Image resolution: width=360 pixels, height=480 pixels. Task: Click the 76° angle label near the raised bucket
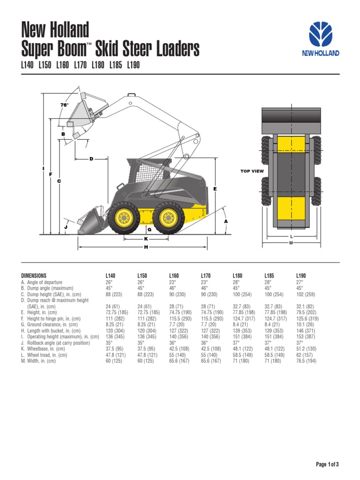tap(64, 105)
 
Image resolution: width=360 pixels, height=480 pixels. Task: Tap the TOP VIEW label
tap(252, 171)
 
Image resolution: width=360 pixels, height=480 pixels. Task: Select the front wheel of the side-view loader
tap(124, 217)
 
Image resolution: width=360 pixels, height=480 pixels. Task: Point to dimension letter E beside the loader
tap(215, 188)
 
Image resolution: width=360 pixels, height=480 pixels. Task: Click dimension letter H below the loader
tap(146, 247)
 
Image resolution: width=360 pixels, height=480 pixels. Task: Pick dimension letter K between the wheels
tap(146, 239)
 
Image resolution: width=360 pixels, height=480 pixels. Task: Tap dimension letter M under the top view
tap(291, 243)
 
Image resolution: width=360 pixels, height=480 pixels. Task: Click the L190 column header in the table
tap(301, 276)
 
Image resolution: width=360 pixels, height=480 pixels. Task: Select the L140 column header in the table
tap(111, 276)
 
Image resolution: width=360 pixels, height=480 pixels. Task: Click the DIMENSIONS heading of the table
tap(34, 276)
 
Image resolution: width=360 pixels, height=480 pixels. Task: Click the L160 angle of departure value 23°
tap(172, 283)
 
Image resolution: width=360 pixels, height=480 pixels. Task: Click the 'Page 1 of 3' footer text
tap(327, 465)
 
